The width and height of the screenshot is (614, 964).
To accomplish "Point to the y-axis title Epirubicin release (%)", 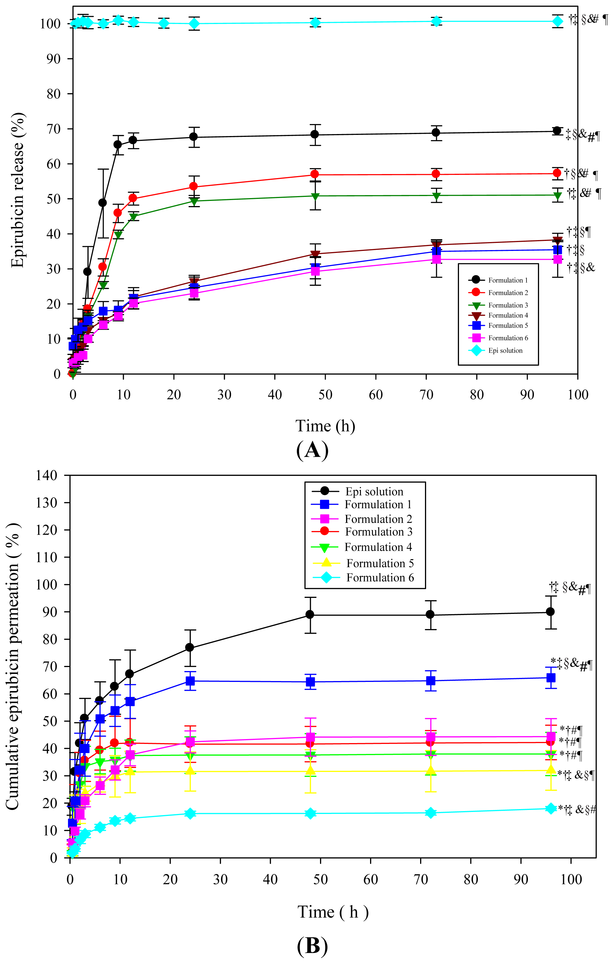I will click(x=18, y=190).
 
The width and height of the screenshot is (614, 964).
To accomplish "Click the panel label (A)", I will click(x=312, y=450).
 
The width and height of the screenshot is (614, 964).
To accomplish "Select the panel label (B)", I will click(x=312, y=947).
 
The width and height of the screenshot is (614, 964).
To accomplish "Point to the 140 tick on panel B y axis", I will click(x=47, y=476).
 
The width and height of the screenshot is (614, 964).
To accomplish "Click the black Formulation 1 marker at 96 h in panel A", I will click(x=557, y=131).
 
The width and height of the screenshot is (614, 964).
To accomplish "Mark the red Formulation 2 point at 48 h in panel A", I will click(x=315, y=174).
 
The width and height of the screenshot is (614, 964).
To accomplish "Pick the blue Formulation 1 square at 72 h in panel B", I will click(x=431, y=681).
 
